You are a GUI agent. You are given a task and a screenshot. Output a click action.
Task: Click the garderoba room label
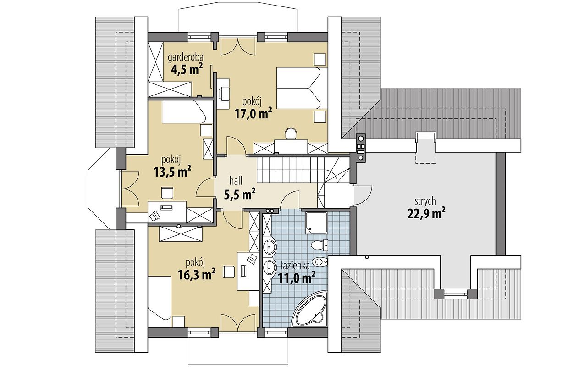pyautogui.click(x=186, y=58)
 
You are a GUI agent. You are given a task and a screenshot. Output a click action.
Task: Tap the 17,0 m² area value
pyautogui.click(x=254, y=113)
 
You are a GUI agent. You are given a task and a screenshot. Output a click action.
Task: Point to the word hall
pyautogui.click(x=236, y=181)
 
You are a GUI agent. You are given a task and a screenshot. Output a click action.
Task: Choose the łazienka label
pyautogui.click(x=295, y=266)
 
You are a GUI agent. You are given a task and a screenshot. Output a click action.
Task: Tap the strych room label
pyautogui.click(x=425, y=201)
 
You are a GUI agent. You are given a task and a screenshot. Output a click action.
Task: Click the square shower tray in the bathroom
pyautogui.click(x=316, y=222)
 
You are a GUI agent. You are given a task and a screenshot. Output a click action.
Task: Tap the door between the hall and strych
pyautogui.click(x=363, y=195)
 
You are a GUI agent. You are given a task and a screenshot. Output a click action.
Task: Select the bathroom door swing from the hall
pyautogui.click(x=290, y=200)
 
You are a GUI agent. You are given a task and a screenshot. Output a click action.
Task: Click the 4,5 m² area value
pyautogui.click(x=187, y=69)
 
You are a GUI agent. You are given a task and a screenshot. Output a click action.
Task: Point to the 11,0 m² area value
pyautogui.click(x=296, y=278)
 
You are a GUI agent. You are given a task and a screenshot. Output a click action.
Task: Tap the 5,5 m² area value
pyautogui.click(x=239, y=194)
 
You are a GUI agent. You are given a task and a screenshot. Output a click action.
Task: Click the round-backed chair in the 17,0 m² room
pyautogui.click(x=291, y=133)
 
